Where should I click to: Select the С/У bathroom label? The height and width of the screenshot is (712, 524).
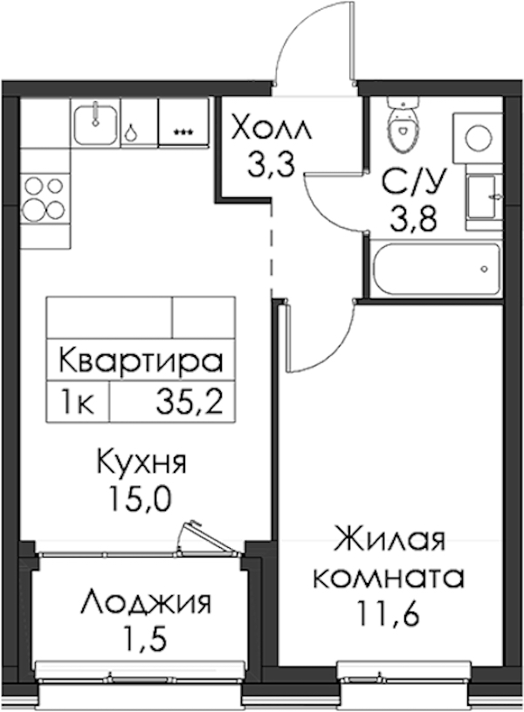[412, 182]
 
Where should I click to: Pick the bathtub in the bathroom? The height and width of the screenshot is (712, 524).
[437, 269]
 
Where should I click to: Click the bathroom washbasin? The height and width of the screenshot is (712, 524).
[483, 197]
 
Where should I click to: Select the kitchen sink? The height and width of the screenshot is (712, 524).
[95, 123]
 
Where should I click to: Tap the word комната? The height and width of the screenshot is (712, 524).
[390, 578]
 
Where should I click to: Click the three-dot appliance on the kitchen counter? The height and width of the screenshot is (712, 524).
[183, 132]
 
